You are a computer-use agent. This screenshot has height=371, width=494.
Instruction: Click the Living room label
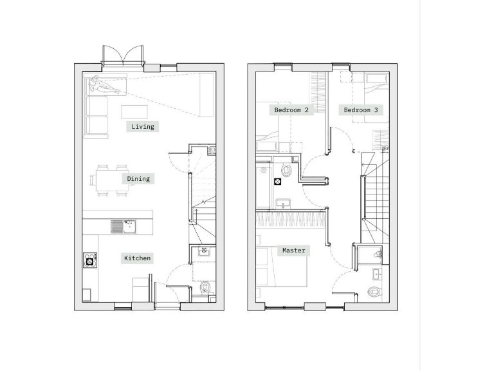143,127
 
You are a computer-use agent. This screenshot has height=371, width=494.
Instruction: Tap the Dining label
138,178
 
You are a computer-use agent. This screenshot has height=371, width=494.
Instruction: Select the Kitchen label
137,258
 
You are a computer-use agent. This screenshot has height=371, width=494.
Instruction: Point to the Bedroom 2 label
291,110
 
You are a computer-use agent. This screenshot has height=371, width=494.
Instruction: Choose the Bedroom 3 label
361,110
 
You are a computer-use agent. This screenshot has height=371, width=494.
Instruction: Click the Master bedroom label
293,250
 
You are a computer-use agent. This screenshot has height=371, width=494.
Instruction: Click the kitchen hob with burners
89,260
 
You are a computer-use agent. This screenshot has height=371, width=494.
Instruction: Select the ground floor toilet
205,288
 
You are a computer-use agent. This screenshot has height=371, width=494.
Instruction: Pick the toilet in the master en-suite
374,291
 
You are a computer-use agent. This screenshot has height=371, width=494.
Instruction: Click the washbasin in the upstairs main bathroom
282,204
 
